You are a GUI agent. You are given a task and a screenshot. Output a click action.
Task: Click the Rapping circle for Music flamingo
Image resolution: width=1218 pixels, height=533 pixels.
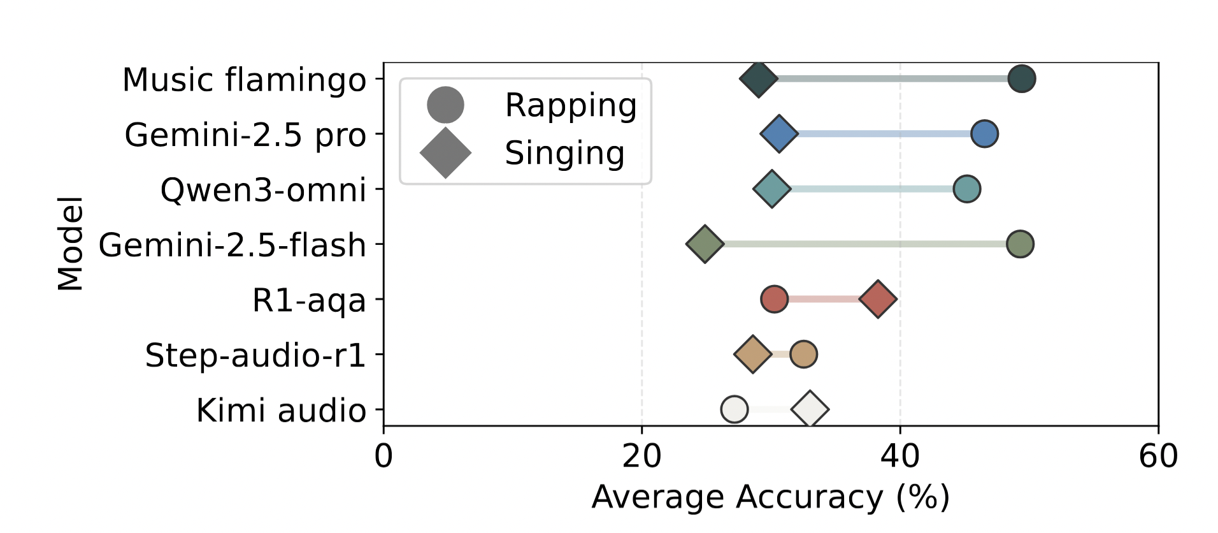point(1021,79)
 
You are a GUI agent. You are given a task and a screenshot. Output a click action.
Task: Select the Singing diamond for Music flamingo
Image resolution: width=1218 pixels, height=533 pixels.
point(758,79)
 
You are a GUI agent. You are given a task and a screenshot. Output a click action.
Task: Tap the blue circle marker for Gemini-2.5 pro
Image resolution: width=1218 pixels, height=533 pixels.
point(984,134)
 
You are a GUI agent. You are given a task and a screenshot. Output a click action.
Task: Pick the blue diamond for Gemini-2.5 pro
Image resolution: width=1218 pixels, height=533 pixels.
point(778,134)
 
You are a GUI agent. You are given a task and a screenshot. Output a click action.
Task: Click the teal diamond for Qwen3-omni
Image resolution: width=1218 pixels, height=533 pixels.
point(771,189)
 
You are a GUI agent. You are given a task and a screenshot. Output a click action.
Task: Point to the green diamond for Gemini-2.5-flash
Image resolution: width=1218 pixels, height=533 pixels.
point(705,244)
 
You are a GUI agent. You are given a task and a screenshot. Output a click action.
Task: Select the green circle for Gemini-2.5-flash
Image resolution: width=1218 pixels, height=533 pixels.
point(1019,244)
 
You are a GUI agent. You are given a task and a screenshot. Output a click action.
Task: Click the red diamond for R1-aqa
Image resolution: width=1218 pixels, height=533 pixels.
point(878,298)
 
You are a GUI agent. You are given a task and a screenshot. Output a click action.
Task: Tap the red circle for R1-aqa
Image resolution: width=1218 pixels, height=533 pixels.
point(774,298)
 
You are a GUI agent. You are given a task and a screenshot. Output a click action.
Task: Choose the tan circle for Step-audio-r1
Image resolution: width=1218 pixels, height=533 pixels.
point(803,354)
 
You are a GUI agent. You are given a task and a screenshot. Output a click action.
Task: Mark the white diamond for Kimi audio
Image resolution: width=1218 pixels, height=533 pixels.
point(810,409)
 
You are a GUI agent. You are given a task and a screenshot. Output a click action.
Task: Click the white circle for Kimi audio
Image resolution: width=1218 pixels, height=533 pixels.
point(734,409)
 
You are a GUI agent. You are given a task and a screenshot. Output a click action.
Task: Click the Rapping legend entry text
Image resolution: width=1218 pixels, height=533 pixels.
point(570,105)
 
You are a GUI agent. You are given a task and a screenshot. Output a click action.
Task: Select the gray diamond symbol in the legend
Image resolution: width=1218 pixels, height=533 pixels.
point(445,153)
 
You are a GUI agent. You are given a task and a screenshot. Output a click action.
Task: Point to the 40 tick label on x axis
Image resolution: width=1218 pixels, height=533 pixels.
point(899,456)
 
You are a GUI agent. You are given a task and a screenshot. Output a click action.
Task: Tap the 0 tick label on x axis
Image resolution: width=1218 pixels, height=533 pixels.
point(383,456)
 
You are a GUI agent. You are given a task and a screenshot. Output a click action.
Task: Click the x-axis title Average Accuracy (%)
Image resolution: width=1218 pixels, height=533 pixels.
point(770,497)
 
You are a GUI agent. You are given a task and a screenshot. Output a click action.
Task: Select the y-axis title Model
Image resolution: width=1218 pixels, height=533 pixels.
point(70,244)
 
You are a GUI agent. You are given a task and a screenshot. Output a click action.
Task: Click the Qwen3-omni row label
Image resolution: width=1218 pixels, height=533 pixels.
point(262,190)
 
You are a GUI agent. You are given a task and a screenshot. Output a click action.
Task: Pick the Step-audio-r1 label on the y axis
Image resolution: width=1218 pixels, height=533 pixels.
point(255,355)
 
